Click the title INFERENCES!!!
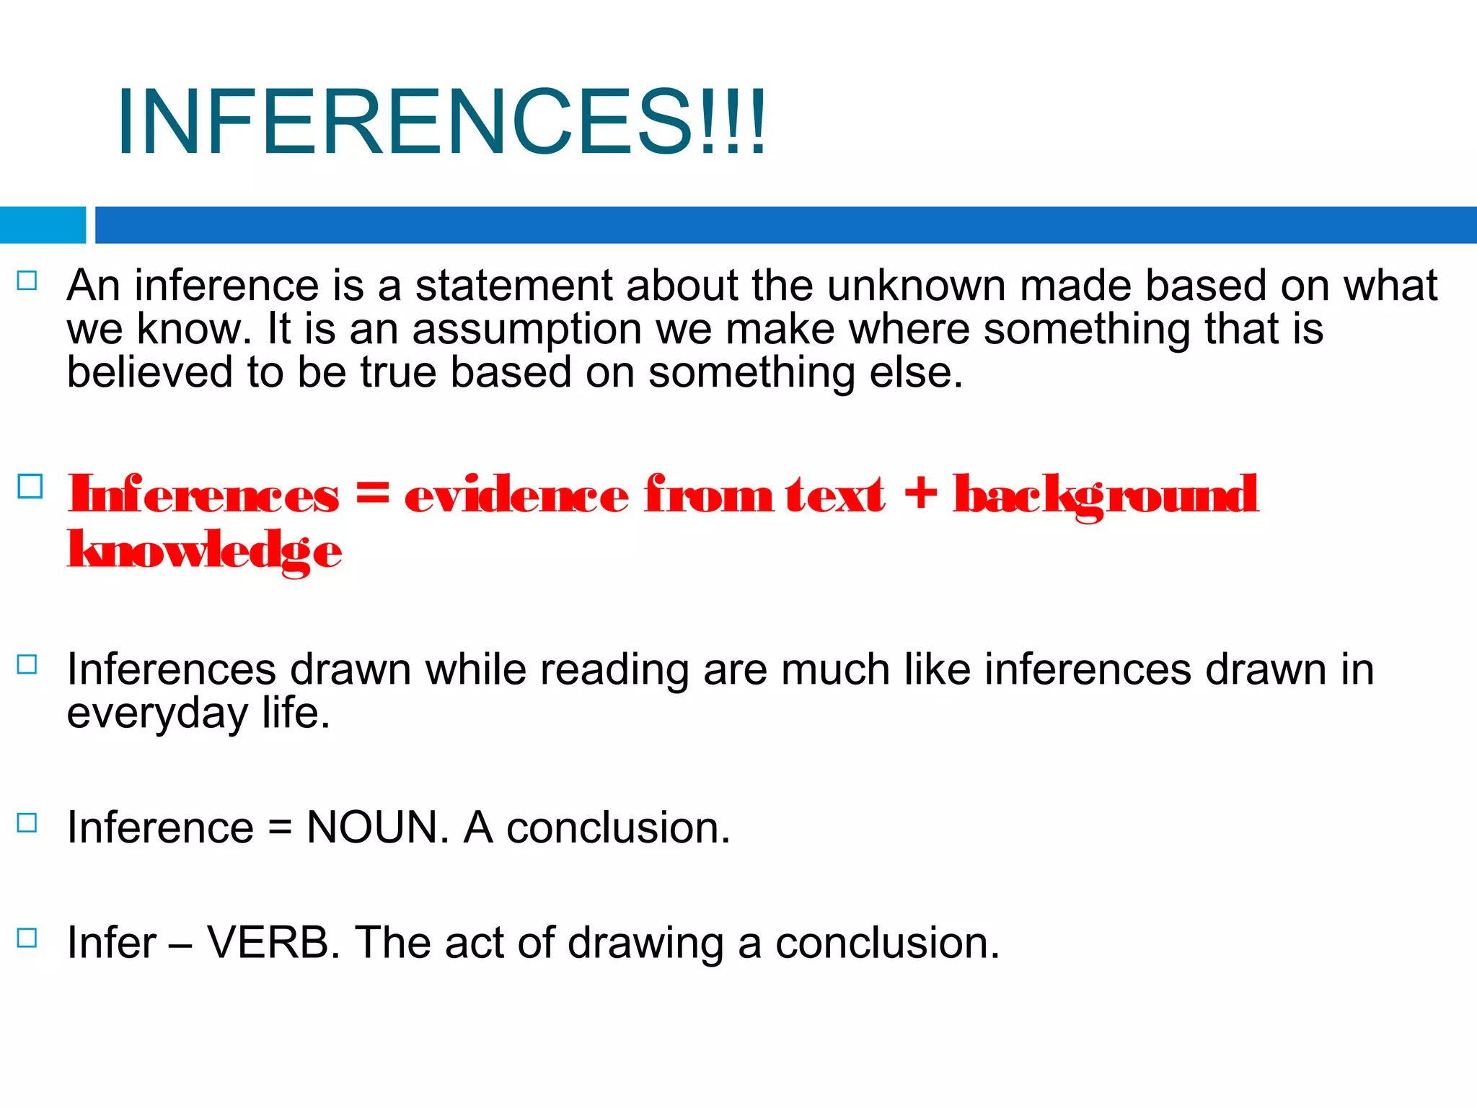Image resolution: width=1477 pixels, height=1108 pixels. coord(441,121)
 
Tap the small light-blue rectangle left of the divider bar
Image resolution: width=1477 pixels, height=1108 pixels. coord(43,225)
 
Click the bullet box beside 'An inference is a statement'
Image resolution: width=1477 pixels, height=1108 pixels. coord(27,281)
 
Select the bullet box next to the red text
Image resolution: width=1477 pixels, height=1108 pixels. coord(30,486)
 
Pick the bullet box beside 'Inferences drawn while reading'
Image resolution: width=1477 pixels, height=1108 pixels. coord(27,664)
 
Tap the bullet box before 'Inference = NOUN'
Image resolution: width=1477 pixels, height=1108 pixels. coord(27,823)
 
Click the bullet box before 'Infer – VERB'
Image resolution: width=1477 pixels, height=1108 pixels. coord(27,938)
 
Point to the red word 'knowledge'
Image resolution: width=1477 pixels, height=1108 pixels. coord(204,552)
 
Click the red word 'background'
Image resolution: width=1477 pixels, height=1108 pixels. coord(1106,496)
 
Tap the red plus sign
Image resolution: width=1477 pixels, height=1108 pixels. coord(920,495)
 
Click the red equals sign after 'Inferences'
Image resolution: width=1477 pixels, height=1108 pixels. coord(372,494)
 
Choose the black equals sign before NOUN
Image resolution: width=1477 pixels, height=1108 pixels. coord(280,828)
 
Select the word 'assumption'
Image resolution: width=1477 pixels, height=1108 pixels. coord(526,330)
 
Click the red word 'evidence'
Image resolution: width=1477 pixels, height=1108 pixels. coord(516,496)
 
